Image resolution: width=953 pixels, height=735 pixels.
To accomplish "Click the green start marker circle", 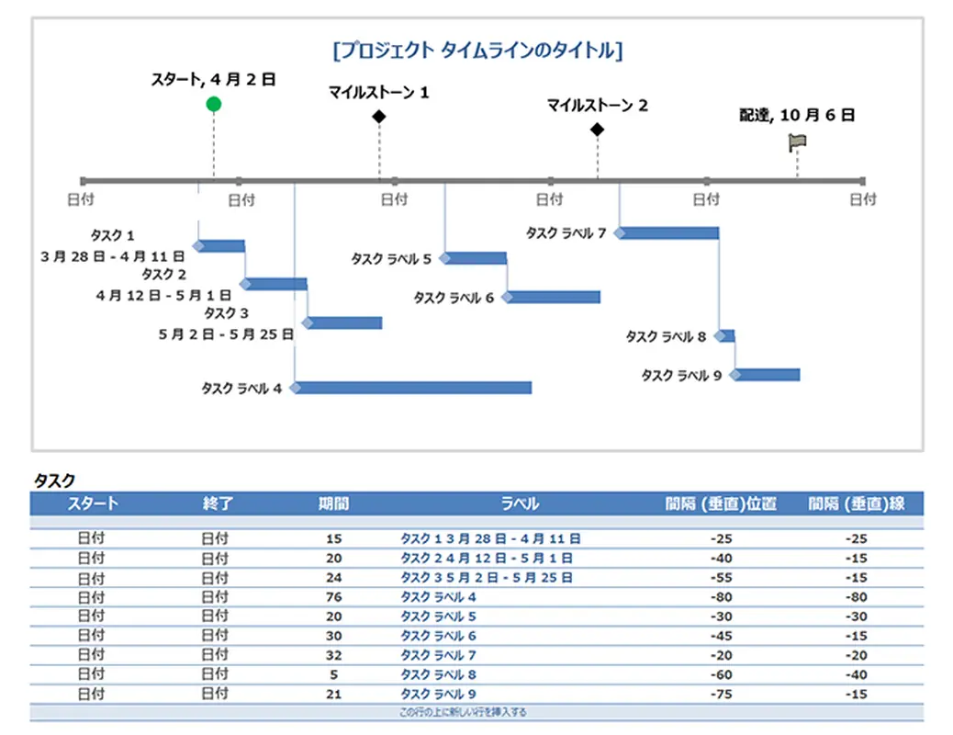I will click(214, 104).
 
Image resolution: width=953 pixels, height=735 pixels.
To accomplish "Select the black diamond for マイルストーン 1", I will click(379, 116).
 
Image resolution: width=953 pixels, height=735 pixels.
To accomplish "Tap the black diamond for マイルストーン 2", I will click(598, 130).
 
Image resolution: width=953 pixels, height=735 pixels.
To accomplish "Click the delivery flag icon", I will click(797, 142).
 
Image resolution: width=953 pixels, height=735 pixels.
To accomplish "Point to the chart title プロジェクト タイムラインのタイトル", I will click(477, 51).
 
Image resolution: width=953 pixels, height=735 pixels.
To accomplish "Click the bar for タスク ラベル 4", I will click(413, 388).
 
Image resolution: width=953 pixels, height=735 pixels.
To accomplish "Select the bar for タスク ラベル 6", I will click(554, 297).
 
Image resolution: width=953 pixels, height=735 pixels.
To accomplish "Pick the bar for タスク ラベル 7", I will click(669, 232).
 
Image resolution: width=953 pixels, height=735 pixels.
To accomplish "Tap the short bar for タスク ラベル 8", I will click(726, 335).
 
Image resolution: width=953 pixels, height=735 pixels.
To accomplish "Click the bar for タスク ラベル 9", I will click(768, 374).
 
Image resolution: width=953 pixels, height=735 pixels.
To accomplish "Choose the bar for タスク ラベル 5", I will click(476, 258).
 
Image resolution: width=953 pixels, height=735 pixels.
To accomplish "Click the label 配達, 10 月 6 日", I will click(797, 116).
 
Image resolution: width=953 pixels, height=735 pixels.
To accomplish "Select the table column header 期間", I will click(333, 503).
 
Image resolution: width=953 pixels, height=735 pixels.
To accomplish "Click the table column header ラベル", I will click(520, 503).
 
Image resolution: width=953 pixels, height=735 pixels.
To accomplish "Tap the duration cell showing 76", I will click(333, 597).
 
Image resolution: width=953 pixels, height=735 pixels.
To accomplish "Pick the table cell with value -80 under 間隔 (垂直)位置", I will click(722, 597).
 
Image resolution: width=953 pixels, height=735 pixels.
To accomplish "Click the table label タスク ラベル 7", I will click(439, 655).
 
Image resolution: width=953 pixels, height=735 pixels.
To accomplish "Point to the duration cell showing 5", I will click(333, 674).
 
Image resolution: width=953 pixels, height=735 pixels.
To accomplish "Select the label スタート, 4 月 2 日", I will click(213, 81).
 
